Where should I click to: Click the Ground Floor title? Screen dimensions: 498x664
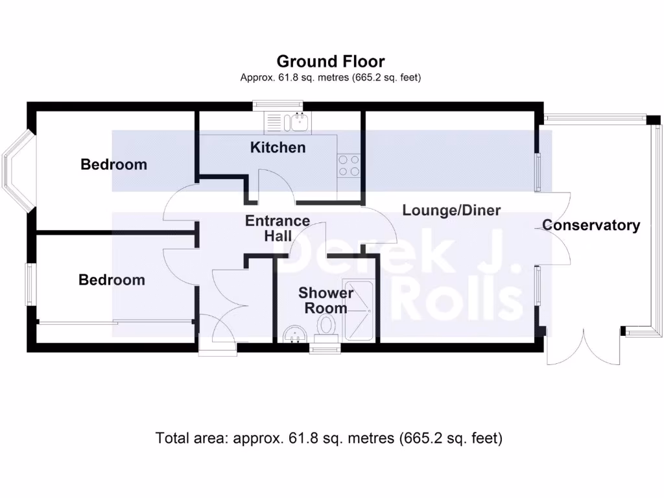(331, 62)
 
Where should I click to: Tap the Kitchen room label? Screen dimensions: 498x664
(278, 148)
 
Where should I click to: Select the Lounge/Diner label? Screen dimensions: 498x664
(451, 210)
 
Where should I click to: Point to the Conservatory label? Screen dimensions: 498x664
(591, 226)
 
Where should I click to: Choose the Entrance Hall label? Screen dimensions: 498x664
(278, 228)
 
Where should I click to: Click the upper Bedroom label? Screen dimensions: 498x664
(113, 165)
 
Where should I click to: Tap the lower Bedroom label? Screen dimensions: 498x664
(112, 280)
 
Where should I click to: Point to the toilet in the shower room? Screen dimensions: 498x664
(325, 326)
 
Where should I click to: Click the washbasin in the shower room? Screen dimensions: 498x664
(296, 334)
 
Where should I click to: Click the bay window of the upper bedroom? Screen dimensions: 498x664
(17, 172)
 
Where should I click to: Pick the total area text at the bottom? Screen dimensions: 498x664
(329, 438)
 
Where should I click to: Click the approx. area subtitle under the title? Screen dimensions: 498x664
(331, 78)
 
